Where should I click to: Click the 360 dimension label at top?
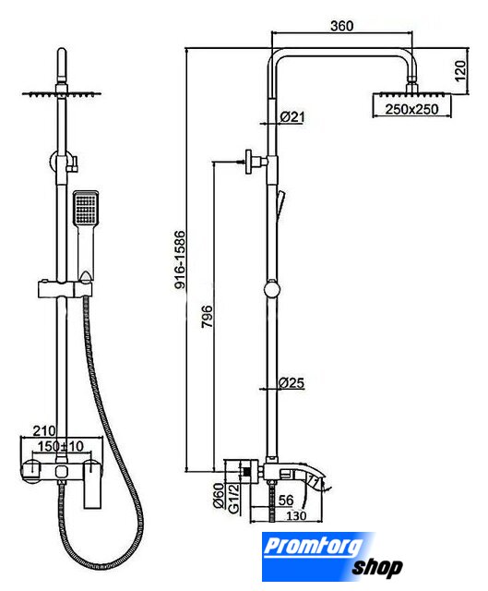342,26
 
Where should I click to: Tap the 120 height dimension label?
460,70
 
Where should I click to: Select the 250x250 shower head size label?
411,109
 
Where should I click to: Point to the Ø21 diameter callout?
292,117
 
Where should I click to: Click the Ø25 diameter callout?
292,383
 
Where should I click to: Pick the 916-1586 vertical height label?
180,260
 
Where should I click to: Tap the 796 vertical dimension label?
207,317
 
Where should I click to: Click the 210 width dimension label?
44,430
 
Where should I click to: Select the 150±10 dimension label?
60,446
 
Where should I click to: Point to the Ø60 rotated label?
219,496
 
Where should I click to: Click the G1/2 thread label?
233,499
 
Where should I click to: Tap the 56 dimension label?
286,501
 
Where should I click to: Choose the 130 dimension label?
296,515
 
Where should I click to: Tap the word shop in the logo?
377,567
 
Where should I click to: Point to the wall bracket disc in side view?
249,162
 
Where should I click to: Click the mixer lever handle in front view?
92,484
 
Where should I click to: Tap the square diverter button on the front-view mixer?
62,471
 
